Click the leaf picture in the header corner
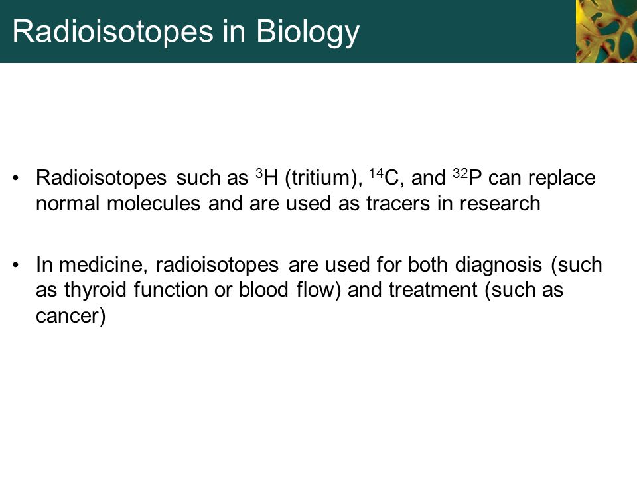(605, 31)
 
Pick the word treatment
(431, 291)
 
